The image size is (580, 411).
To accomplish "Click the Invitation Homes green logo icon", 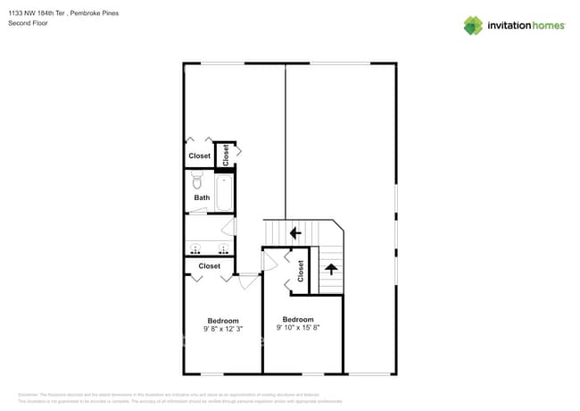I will coord(473,25).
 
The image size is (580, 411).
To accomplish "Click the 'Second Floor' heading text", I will coord(29,23).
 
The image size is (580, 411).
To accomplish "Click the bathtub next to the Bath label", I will coord(224,192).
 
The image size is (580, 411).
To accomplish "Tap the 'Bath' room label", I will coord(202,197).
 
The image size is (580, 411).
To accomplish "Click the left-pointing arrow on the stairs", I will coord(294,233).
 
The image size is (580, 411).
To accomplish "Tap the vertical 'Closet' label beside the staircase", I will coord(301,271).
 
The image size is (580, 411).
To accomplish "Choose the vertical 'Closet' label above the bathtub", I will coord(226,155).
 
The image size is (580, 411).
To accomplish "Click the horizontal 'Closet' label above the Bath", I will coord(200,156).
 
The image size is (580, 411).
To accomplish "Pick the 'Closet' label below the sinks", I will coord(209,265).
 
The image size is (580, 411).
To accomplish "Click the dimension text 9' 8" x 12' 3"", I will coord(223,329).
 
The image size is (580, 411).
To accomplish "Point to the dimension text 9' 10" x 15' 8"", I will coord(298,327).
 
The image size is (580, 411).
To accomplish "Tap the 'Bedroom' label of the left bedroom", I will coord(223,321).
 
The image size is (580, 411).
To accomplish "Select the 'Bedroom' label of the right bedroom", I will coord(298,319).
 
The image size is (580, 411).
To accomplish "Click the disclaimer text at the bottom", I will coord(170,398).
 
